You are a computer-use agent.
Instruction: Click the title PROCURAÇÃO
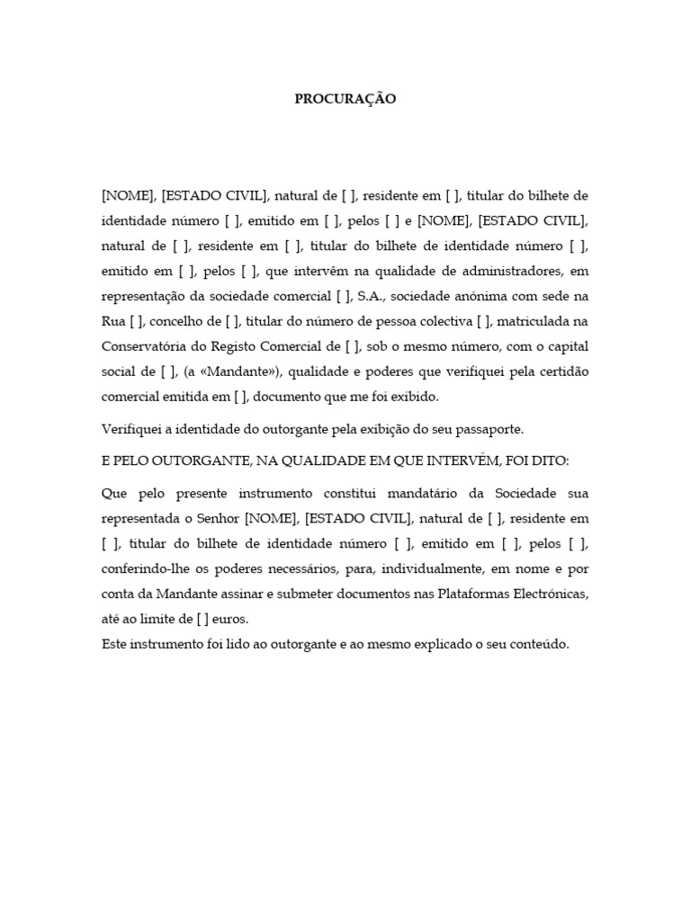(x=345, y=100)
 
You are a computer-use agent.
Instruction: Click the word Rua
(x=115, y=322)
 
